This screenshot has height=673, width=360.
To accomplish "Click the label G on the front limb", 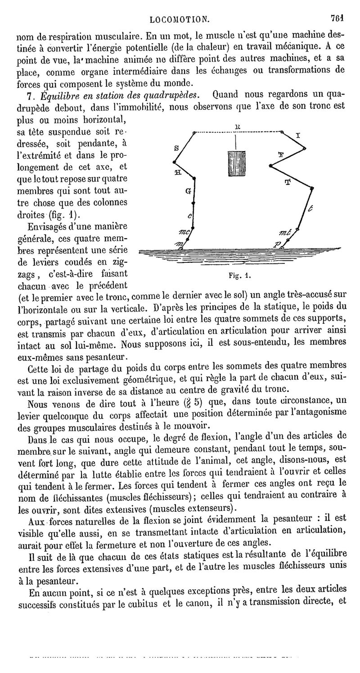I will [187, 191].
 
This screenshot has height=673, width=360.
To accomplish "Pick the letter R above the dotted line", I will [237, 127].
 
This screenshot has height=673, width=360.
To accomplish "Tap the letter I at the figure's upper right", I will [298, 135].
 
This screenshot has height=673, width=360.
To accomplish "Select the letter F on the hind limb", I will [281, 154].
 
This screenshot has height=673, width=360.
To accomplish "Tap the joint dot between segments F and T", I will [271, 167].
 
